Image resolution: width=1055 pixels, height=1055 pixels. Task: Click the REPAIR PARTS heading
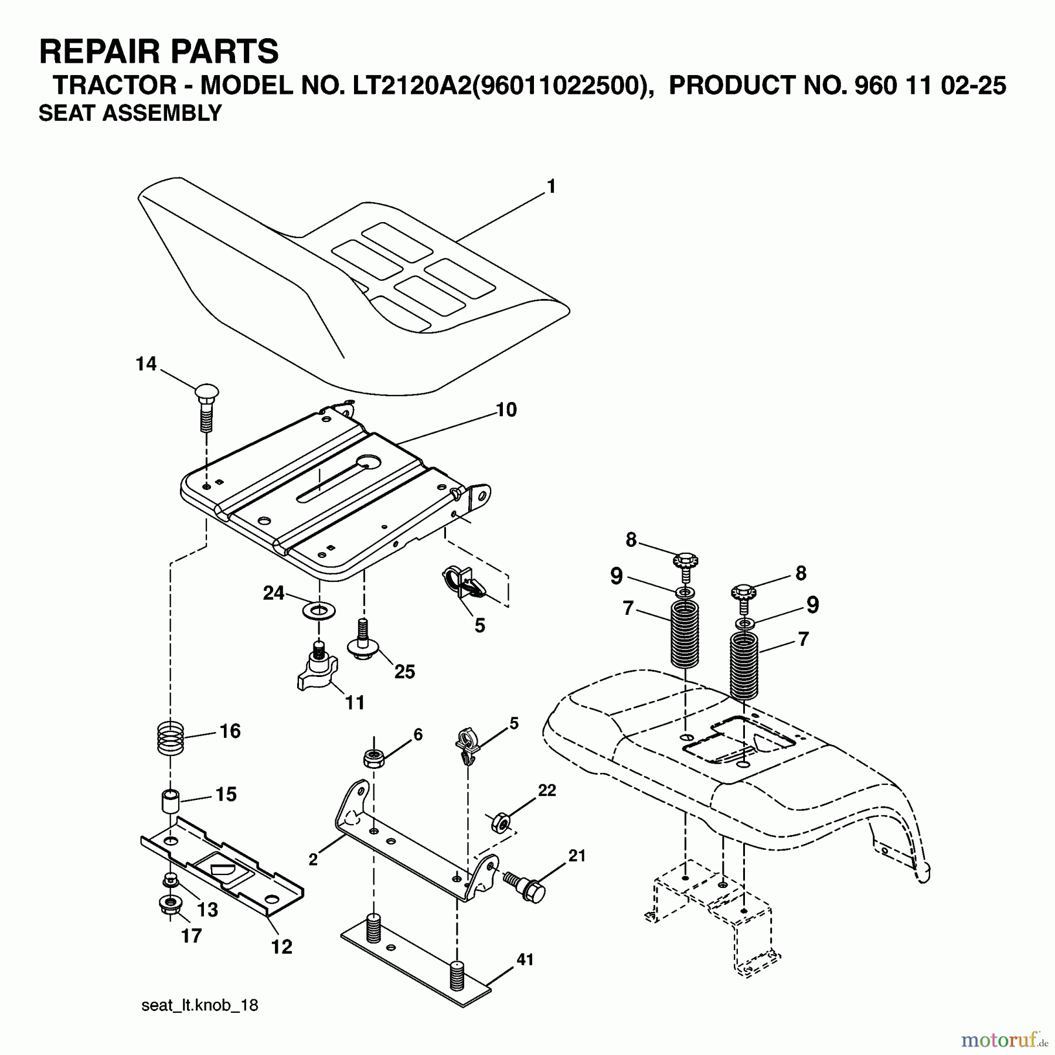158,52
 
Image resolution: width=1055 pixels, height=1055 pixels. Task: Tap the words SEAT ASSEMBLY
130,113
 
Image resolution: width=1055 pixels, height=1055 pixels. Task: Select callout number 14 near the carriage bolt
146,364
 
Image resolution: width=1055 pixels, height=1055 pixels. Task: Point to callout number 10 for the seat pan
506,410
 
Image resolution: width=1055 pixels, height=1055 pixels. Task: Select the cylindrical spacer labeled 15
171,800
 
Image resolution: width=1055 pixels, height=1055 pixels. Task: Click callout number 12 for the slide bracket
281,947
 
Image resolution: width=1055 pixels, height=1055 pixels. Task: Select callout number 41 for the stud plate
525,960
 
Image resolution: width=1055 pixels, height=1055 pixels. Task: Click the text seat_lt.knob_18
199,1005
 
